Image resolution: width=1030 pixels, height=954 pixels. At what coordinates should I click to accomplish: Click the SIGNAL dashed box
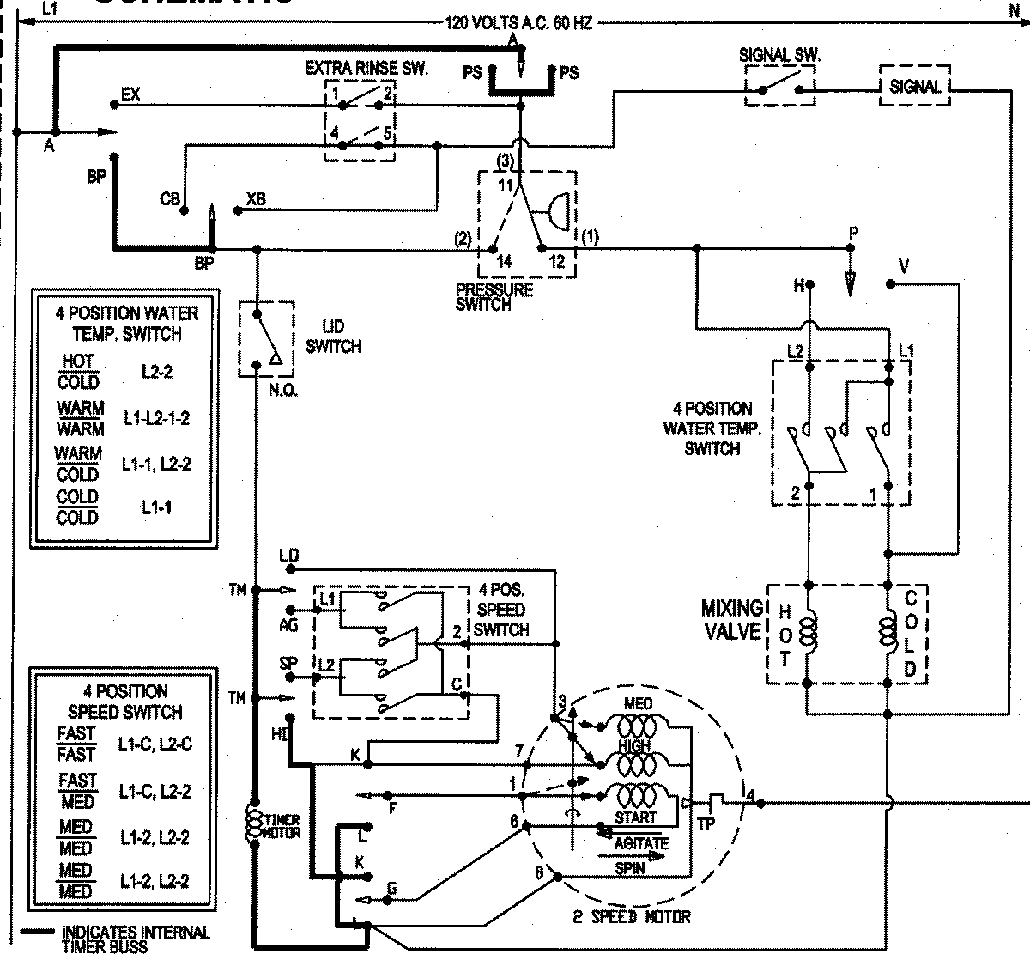pos(914,86)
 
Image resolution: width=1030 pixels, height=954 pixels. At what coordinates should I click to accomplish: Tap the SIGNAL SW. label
pos(779,55)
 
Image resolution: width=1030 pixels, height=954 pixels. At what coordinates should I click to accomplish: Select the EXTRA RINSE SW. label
pos(366,68)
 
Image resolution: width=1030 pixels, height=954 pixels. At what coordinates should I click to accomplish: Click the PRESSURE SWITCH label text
pos(494,296)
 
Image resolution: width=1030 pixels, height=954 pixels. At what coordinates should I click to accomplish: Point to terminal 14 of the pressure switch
pos(494,251)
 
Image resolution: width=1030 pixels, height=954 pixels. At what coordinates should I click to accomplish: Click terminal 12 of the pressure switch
pos(542,250)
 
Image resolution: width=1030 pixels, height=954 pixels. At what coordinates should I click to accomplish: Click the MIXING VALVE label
pos(731,620)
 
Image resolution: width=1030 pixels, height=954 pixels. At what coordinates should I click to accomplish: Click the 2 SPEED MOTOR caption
pos(632,917)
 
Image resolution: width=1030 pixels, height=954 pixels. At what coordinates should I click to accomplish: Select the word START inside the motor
pos(635,817)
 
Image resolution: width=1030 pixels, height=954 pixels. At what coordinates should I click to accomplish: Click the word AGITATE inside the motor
pos(641,844)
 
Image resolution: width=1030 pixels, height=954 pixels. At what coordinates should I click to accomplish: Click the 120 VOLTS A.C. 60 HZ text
pos(518,23)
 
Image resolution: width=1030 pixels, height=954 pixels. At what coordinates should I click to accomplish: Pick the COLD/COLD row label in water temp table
pos(77,507)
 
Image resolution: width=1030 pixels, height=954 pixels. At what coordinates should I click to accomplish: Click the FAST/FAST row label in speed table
pos(76,744)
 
